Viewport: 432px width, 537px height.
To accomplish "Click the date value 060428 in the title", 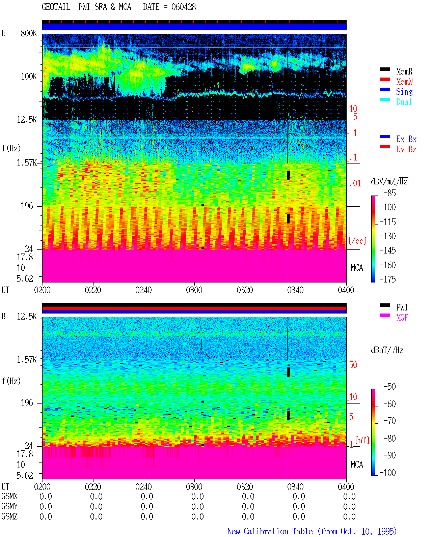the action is click(x=183, y=7).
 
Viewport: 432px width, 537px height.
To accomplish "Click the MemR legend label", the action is click(x=404, y=71).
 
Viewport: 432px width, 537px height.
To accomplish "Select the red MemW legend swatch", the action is click(x=384, y=79).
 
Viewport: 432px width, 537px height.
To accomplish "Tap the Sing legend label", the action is click(x=404, y=92).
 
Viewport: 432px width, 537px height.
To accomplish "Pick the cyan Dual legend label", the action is click(x=404, y=102).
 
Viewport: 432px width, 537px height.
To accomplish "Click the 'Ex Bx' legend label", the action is click(x=406, y=139).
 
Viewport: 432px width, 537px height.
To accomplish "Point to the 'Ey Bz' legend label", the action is click(x=406, y=149).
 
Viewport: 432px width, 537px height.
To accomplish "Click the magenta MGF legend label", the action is click(x=402, y=318).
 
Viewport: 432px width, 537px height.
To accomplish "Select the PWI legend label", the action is click(x=402, y=307).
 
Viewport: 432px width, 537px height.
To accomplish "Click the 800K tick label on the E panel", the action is click(x=29, y=33).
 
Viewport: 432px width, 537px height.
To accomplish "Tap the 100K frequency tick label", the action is click(x=29, y=77).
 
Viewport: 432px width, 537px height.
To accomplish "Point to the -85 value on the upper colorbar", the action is click(x=389, y=193).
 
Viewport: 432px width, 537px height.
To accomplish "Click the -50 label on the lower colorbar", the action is click(x=389, y=386).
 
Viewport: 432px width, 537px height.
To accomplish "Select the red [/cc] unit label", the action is click(x=357, y=241).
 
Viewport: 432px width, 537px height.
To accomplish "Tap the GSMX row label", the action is click(x=9, y=496).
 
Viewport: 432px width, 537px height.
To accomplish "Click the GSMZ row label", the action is click(x=9, y=516).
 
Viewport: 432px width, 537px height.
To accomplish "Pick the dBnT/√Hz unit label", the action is click(x=387, y=350).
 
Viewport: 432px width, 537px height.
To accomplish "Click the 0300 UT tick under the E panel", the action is click(x=194, y=290).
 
